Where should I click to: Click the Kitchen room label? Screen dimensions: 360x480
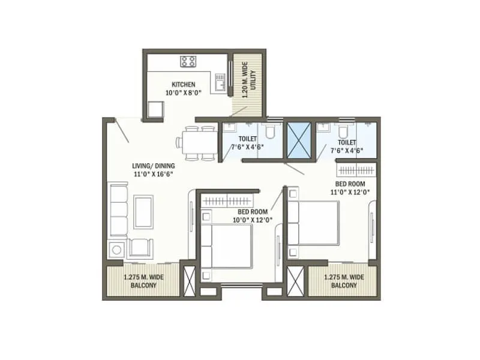pos(183,84)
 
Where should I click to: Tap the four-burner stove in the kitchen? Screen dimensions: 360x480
pos(188,61)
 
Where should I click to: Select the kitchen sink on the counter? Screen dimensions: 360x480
pos(220,81)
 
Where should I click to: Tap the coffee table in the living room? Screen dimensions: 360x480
pos(143,211)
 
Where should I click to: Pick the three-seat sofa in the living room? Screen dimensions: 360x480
pos(118,210)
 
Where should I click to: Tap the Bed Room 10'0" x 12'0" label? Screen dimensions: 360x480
pos(253,215)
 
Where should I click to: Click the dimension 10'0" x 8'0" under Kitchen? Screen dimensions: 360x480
pos(183,92)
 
